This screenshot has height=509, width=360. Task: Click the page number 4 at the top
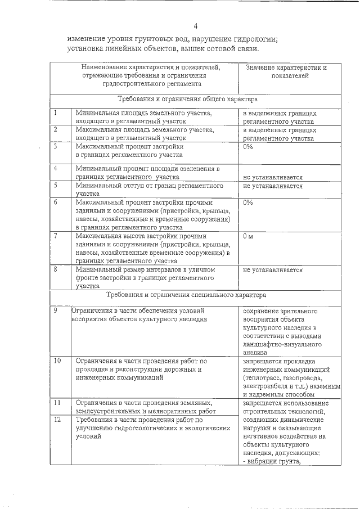pyautogui.click(x=196, y=26)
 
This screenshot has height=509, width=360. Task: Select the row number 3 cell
pyautogui.click(x=56, y=146)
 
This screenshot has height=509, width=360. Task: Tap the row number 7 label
pyautogui.click(x=56, y=236)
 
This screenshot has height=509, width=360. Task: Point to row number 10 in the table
pyautogui.click(x=57, y=360)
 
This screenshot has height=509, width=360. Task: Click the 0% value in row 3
pyautogui.click(x=247, y=146)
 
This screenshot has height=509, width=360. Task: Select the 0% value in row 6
pyautogui.click(x=247, y=202)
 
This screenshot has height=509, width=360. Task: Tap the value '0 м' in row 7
pyautogui.click(x=247, y=236)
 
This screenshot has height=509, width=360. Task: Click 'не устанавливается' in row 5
pyautogui.click(x=273, y=186)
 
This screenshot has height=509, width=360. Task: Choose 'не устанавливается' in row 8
pyautogui.click(x=273, y=270)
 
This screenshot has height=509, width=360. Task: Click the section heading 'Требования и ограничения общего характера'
pyautogui.click(x=187, y=99)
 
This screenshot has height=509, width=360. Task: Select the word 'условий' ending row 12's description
pyautogui.click(x=87, y=436)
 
